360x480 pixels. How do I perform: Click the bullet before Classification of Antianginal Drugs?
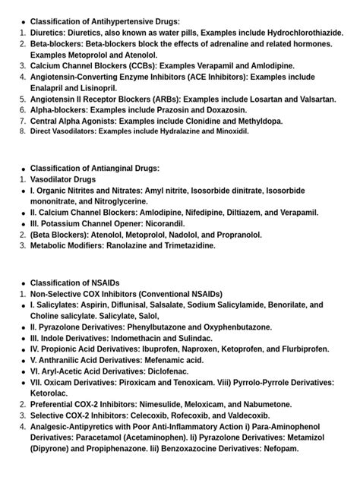click(23, 169)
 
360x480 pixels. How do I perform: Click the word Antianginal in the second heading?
click(114, 168)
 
